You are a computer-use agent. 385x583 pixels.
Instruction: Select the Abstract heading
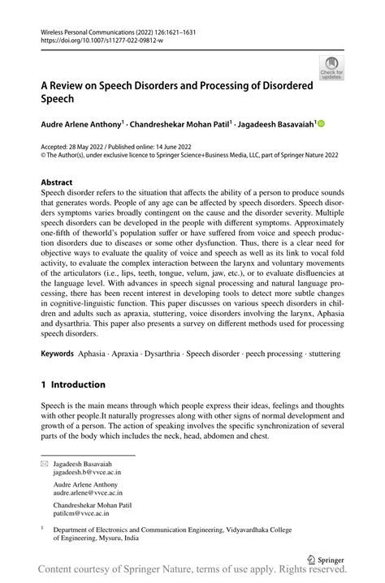pyautogui.click(x=57, y=182)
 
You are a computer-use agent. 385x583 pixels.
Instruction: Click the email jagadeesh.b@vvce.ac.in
pyautogui.click(x=87, y=470)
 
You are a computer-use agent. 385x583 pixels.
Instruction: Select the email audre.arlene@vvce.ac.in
pyautogui.click(x=88, y=491)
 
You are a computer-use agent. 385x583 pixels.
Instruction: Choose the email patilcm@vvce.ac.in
pyautogui.click(x=81, y=512)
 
